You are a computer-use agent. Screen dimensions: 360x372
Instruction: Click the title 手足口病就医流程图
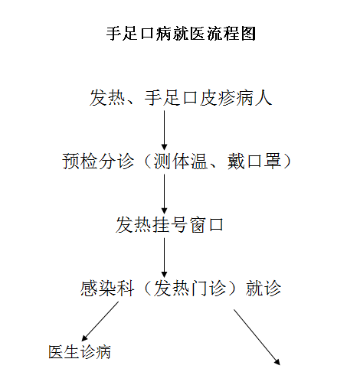[x=181, y=34]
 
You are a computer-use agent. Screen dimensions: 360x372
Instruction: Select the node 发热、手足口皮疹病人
[x=181, y=97]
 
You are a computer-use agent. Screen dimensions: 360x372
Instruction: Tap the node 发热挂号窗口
[x=169, y=225]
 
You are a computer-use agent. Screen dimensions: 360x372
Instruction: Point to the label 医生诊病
[x=80, y=352]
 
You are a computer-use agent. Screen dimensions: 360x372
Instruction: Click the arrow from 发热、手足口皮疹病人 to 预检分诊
[x=164, y=130]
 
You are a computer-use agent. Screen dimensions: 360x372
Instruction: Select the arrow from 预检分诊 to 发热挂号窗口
[x=164, y=194]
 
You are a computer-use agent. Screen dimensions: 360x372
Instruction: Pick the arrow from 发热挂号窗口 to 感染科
[x=164, y=258]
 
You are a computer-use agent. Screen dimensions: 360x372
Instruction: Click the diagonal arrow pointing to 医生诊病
[x=100, y=321]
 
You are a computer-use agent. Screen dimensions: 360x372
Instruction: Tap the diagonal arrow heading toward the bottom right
[x=257, y=337]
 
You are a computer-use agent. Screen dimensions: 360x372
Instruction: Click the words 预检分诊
[x=98, y=161]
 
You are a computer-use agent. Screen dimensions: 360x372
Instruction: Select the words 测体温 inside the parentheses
[x=180, y=161]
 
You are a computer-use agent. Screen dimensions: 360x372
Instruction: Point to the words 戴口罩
[x=254, y=161]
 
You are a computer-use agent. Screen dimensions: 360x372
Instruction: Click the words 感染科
[x=107, y=289]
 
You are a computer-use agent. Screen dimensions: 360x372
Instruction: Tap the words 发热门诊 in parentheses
[x=190, y=289]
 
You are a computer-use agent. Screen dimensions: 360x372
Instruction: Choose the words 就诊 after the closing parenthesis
[x=263, y=289]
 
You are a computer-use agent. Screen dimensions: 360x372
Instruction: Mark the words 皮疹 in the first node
[x=217, y=97]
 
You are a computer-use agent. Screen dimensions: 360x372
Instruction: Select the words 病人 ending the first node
[x=254, y=97]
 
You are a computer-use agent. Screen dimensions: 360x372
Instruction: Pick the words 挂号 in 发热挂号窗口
[x=169, y=225]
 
